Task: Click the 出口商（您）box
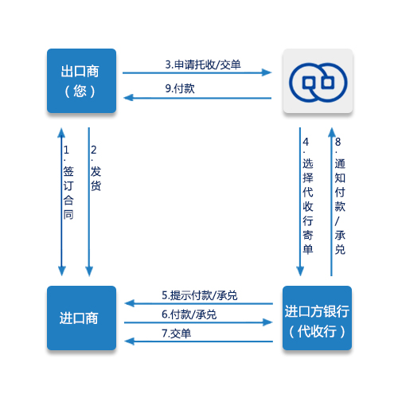pyautogui.click(x=81, y=81)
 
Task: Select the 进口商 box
pyautogui.click(x=81, y=318)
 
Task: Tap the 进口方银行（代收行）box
pyautogui.click(x=317, y=318)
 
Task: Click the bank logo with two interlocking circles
pyautogui.click(x=318, y=82)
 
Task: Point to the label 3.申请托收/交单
pyautogui.click(x=203, y=64)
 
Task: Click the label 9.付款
pyautogui.click(x=180, y=88)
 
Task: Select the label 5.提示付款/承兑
pyautogui.click(x=200, y=295)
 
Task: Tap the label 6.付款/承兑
pyautogui.click(x=189, y=314)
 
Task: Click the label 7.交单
pyautogui.click(x=177, y=334)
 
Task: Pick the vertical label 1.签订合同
pyautogui.click(x=68, y=182)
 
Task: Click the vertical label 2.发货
pyautogui.click(x=96, y=168)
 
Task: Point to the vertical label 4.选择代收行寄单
pyautogui.click(x=308, y=196)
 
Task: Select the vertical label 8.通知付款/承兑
pyautogui.click(x=340, y=196)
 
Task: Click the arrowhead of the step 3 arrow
pyautogui.click(x=267, y=72)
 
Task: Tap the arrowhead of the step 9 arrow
pyautogui.click(x=129, y=98)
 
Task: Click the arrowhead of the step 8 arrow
pyautogui.click(x=332, y=133)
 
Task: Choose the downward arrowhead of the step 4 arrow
pyautogui.click(x=300, y=271)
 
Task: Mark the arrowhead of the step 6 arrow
pyautogui.click(x=267, y=322)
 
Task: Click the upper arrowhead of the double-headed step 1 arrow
pyautogui.click(x=61, y=133)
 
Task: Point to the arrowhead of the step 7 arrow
pyautogui.click(x=130, y=341)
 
